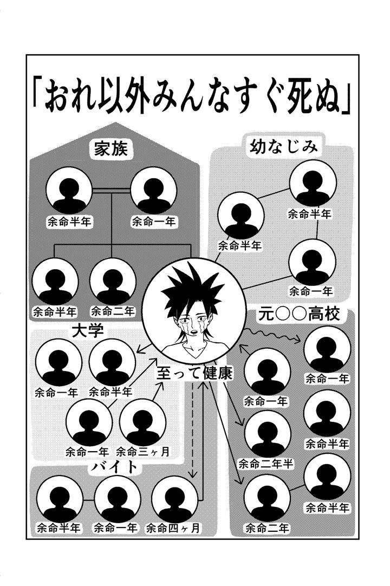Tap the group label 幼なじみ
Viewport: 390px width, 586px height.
284,146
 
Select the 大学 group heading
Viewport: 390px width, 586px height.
88,330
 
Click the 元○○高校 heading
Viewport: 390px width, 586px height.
299,314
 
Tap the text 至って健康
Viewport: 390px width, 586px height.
194,373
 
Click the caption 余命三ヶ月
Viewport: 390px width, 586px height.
143,452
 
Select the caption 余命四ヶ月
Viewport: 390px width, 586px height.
173,528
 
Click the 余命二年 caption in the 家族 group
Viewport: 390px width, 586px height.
113,311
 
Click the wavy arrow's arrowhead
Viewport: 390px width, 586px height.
298,340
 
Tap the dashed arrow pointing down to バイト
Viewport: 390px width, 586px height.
192,430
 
